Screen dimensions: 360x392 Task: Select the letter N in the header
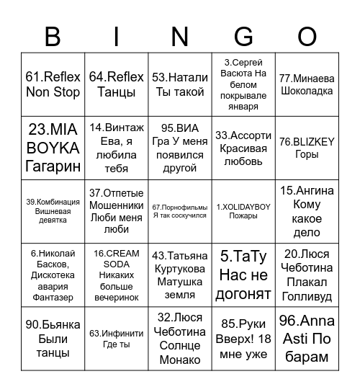(180, 35)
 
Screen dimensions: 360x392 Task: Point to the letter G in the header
(243, 35)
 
